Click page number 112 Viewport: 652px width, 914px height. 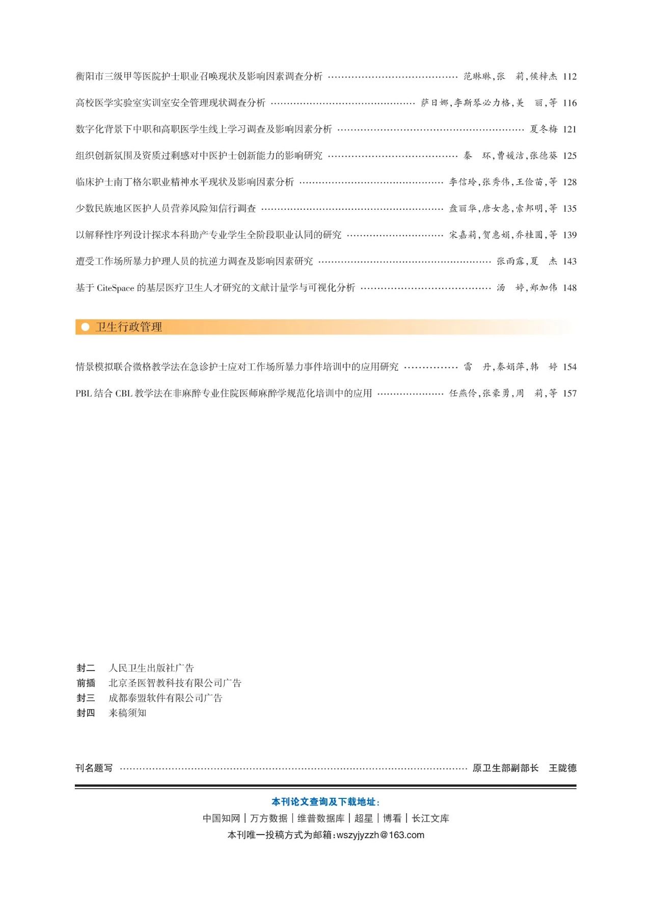[x=569, y=76]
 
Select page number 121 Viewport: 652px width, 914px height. [x=569, y=129]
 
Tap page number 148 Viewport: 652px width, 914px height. [x=569, y=288]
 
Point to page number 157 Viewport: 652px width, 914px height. [x=569, y=393]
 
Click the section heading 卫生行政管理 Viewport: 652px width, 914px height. [x=129, y=327]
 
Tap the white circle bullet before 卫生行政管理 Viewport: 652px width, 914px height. [x=86, y=327]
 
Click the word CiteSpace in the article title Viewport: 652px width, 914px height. [x=115, y=288]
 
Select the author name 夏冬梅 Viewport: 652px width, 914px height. [x=543, y=129]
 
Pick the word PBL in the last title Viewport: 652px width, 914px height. [x=84, y=393]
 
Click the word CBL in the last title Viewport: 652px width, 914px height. [x=124, y=393]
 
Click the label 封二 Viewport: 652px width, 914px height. [x=86, y=668]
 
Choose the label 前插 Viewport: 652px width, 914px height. [x=86, y=683]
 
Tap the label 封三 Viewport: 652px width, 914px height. [x=86, y=698]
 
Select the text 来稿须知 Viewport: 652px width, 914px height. [x=127, y=713]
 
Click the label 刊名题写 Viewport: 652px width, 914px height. [x=94, y=768]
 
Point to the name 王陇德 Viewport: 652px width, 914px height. [x=562, y=768]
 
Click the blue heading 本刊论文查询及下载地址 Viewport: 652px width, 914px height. [x=325, y=802]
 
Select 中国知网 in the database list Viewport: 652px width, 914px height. [x=221, y=818]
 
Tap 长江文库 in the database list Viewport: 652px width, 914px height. [x=430, y=818]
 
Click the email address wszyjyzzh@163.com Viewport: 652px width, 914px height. [x=380, y=835]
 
